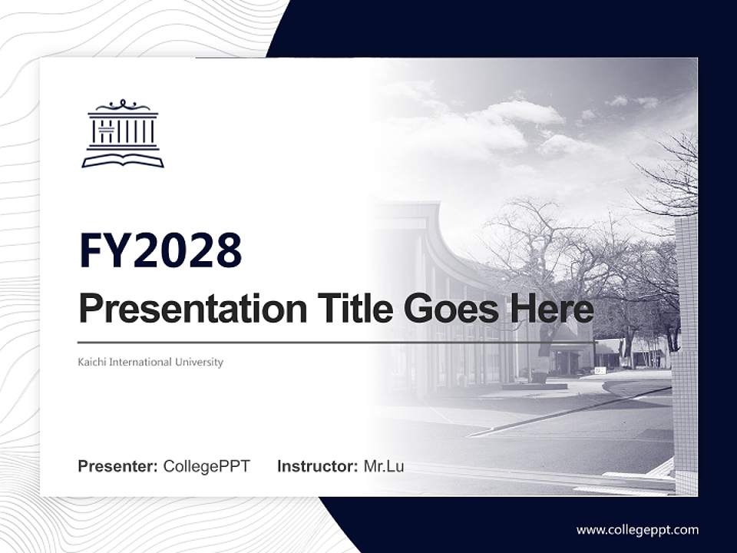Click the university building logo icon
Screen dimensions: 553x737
(123, 134)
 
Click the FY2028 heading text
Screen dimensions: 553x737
(160, 250)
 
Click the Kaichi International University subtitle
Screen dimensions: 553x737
(150, 362)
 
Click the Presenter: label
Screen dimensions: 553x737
(118, 466)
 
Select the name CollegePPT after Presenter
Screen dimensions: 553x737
(207, 466)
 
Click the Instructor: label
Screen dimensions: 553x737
(317, 466)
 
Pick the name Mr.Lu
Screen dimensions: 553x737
(384, 466)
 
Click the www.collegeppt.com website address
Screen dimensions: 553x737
(637, 530)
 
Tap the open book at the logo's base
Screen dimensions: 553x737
(123, 160)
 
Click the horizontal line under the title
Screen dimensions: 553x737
(335, 342)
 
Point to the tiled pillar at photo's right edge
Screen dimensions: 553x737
(686, 353)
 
